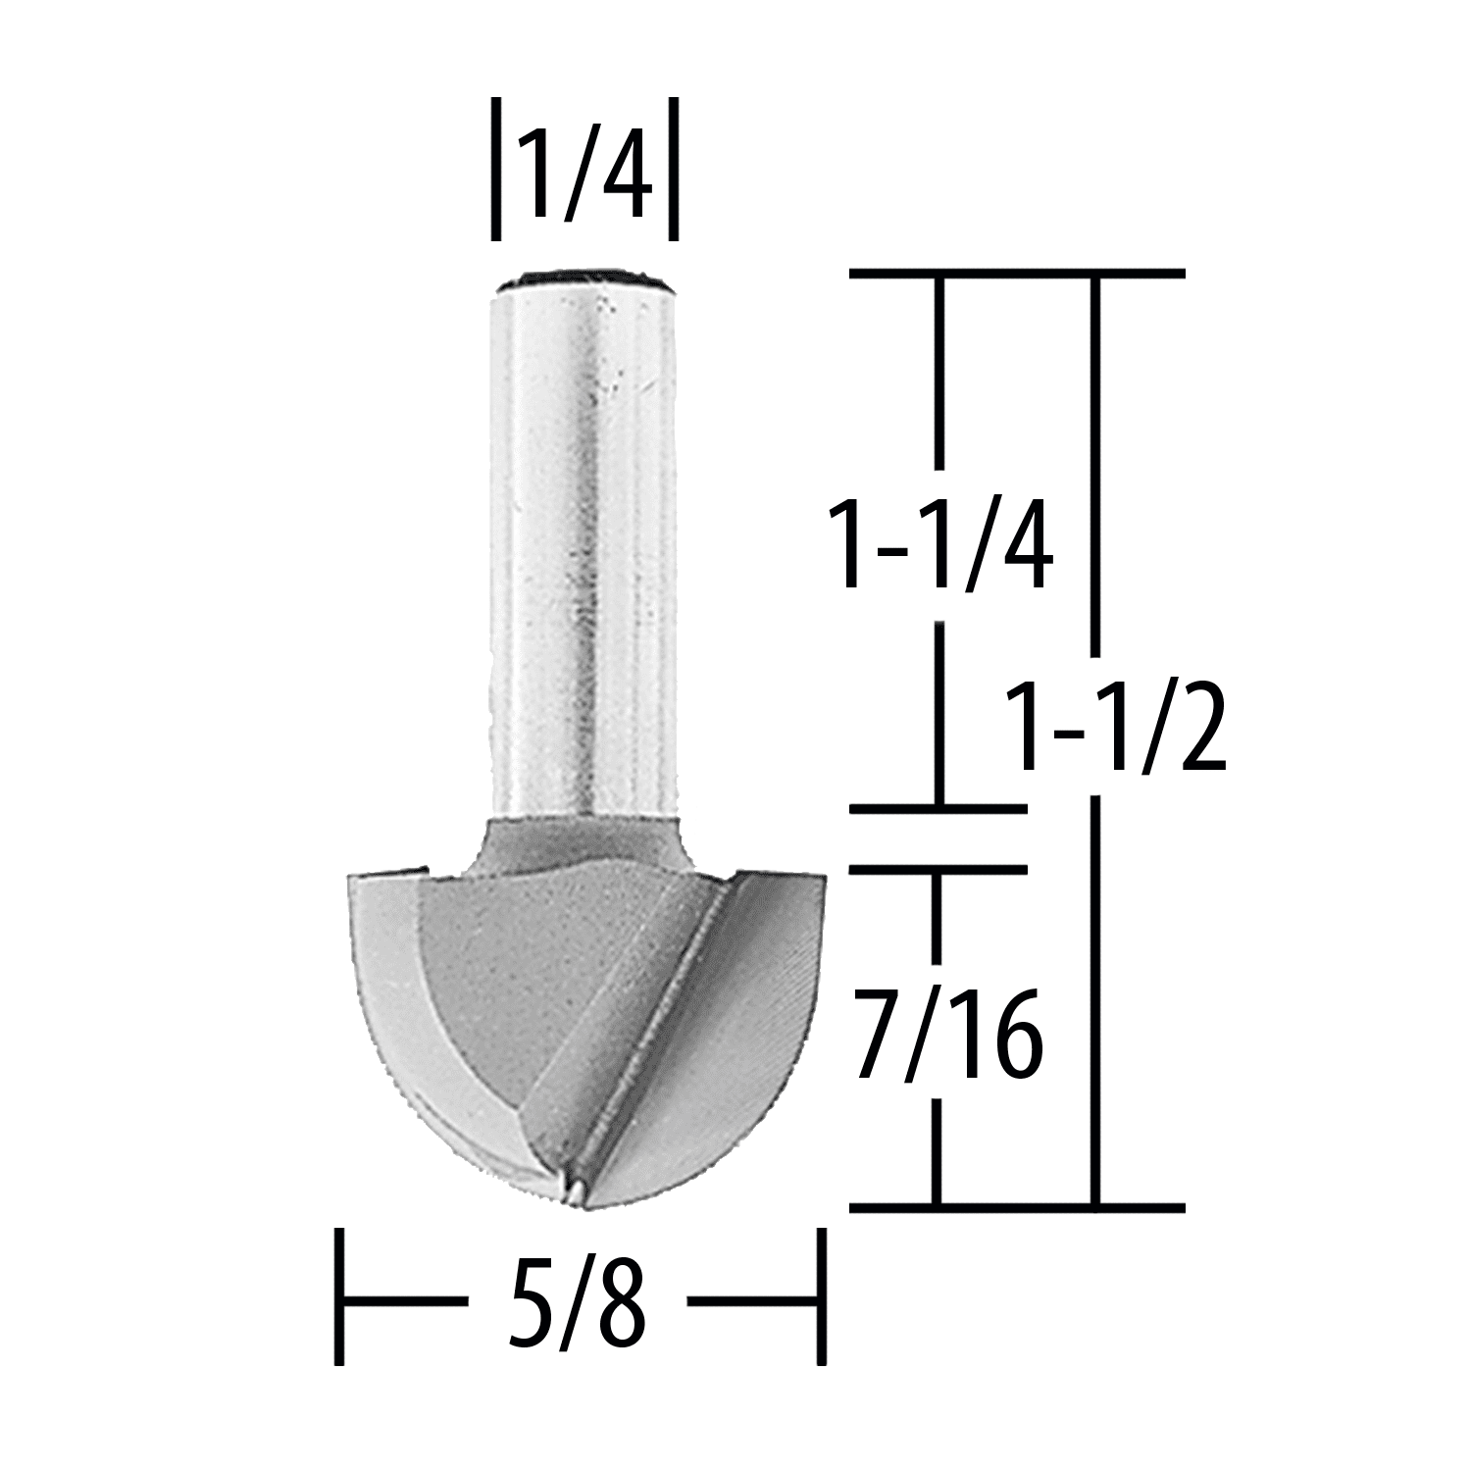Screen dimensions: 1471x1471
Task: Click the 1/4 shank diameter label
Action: [585, 167]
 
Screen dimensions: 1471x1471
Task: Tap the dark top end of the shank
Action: [584, 281]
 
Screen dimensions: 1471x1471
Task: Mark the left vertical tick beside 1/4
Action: [496, 168]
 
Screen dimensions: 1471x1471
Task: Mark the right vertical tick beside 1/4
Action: [673, 168]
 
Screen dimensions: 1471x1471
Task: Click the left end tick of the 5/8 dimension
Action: [339, 1295]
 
